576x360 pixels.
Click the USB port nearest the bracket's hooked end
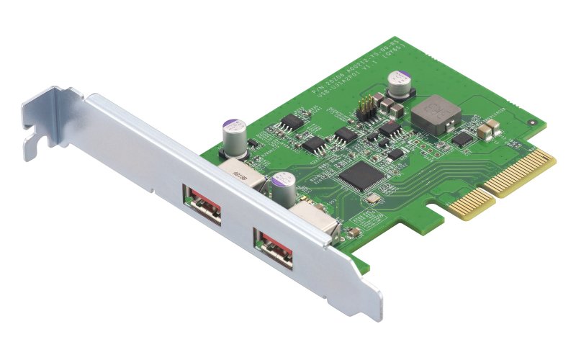tap(202, 205)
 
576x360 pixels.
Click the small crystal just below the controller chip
tap(372, 199)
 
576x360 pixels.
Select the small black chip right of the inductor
tap(462, 138)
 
